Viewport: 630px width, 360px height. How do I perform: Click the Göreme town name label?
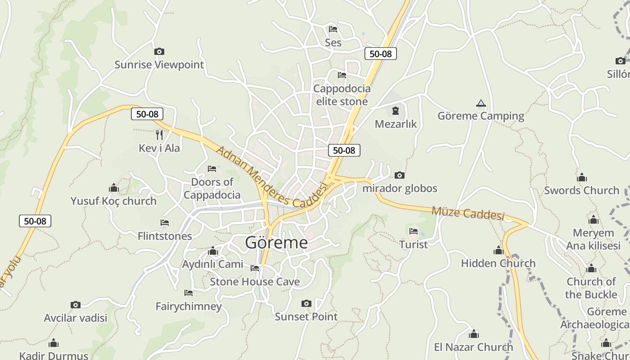pyautogui.click(x=276, y=243)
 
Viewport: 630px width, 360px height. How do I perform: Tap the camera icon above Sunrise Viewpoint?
pyautogui.click(x=159, y=52)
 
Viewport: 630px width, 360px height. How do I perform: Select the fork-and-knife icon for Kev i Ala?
pyautogui.click(x=159, y=135)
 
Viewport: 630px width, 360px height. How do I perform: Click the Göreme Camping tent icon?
pyautogui.click(x=481, y=104)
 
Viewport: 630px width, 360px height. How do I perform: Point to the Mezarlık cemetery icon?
pyautogui.click(x=396, y=111)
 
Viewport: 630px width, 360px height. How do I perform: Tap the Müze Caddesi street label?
pyautogui.click(x=468, y=213)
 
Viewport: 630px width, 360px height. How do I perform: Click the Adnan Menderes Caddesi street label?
pyautogui.click(x=271, y=177)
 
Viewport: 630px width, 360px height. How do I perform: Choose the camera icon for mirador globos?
pyautogui.click(x=399, y=175)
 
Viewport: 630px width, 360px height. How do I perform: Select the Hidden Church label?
pyautogui.click(x=498, y=263)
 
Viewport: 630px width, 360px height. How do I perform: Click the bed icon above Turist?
pyautogui.click(x=414, y=231)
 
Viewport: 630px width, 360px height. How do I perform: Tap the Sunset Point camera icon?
pyautogui.click(x=306, y=304)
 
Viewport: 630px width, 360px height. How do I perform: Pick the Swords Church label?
pyautogui.click(x=581, y=190)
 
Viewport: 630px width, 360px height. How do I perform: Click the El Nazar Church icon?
pyautogui.click(x=473, y=334)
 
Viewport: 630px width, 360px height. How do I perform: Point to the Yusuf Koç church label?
pyautogui.click(x=113, y=201)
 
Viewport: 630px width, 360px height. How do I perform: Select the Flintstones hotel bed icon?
pyautogui.click(x=165, y=223)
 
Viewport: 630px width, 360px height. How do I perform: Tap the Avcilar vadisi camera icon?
pyautogui.click(x=76, y=305)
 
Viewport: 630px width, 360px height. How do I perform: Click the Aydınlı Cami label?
pyautogui.click(x=212, y=264)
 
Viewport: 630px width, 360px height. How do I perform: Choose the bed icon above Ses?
pyautogui.click(x=333, y=29)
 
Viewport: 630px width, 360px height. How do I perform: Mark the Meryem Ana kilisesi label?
pyautogui.click(x=593, y=239)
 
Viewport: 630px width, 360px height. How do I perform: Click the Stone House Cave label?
pyautogui.click(x=255, y=282)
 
